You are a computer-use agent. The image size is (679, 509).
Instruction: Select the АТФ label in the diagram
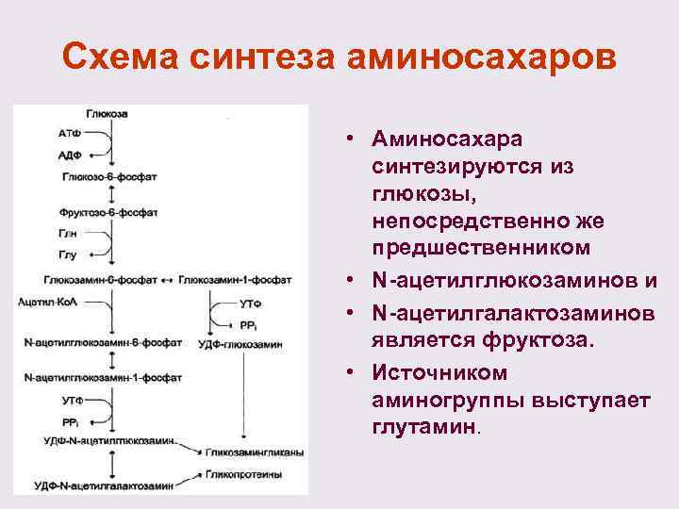tap(69, 135)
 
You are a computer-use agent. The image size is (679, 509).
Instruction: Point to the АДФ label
tap(69, 156)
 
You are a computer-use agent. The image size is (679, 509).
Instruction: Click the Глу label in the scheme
tap(68, 255)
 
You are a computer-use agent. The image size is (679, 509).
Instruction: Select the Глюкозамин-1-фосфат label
tap(235, 279)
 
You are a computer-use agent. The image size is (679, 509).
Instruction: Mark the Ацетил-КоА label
tap(44, 301)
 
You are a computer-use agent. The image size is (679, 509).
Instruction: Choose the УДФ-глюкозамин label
tap(240, 345)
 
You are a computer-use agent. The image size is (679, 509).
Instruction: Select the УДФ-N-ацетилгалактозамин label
tap(104, 486)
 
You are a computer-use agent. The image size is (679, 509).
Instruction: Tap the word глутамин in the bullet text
tap(425, 427)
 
